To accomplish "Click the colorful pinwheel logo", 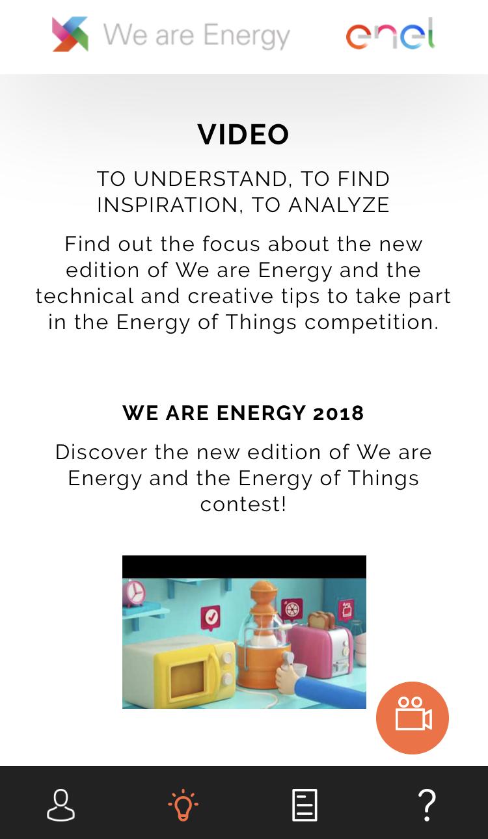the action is click(70, 34).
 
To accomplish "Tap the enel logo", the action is click(390, 34).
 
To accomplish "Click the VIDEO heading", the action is click(243, 134).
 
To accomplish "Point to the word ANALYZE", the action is click(339, 205).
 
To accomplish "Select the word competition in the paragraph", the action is click(371, 322).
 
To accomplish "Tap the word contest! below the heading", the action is click(243, 504).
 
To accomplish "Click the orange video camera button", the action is click(413, 717).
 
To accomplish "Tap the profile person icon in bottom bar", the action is click(61, 805).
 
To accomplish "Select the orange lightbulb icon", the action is click(183, 805).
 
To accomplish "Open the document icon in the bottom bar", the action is click(305, 805).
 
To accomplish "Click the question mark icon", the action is click(427, 805).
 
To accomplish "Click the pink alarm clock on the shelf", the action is click(134, 593).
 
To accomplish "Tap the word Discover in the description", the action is click(101, 452).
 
